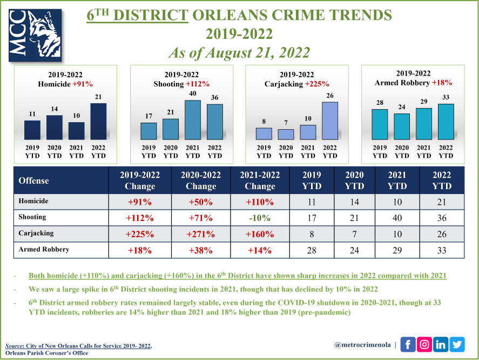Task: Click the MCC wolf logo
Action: tap(35, 35)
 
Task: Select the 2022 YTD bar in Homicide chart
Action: tap(99, 122)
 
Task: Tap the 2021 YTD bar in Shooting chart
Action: tap(192, 120)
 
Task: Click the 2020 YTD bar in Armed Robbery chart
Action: tap(402, 126)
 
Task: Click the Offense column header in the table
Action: tap(34, 181)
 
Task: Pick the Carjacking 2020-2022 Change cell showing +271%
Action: tap(201, 235)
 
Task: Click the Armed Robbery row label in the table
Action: tap(42, 250)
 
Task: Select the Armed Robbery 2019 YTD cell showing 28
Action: tap(312, 250)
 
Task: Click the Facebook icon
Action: tap(408, 344)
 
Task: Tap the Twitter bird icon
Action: tap(457, 344)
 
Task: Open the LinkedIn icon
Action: tap(441, 344)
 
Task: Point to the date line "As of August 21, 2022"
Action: tap(239, 53)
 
